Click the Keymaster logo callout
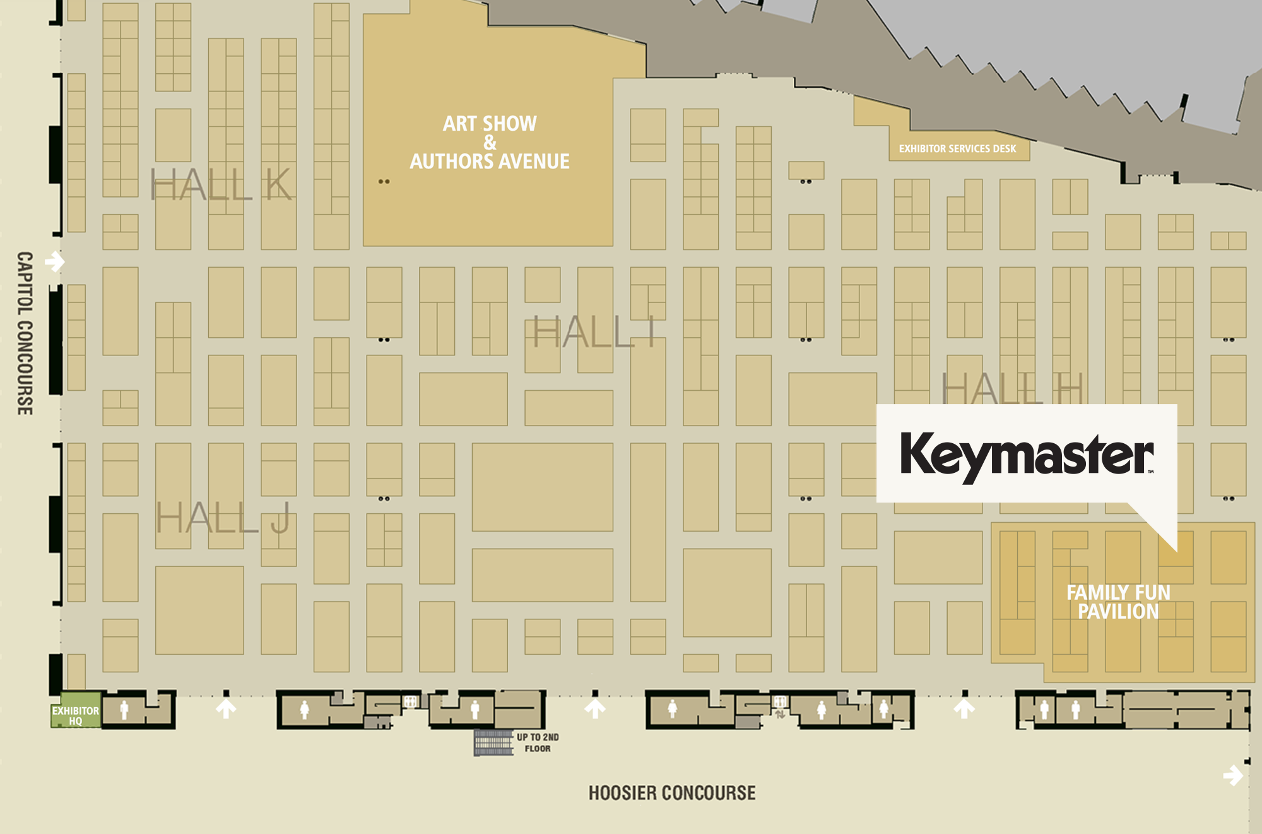tap(1027, 453)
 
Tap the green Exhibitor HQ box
tap(75, 715)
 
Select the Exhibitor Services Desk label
tap(957, 149)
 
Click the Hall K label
tap(221, 186)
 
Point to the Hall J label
tap(223, 518)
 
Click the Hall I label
tap(594, 332)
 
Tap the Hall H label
tap(1012, 388)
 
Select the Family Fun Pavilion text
tap(1118, 602)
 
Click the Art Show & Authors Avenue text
tap(490, 143)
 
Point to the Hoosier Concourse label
tap(672, 793)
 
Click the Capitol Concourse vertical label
tap(25, 333)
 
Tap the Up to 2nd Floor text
tap(538, 742)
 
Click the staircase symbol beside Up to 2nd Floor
tap(493, 742)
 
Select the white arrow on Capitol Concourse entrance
tap(55, 261)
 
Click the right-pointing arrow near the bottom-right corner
tap(1233, 775)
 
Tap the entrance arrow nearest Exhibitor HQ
tap(226, 708)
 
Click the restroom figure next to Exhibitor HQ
tap(124, 710)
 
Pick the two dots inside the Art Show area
tap(384, 182)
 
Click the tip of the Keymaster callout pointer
tap(1176, 551)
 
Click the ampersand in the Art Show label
tap(490, 143)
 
